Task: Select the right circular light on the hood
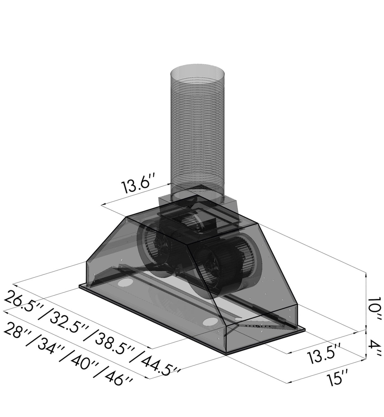pyautogui.click(x=208, y=322)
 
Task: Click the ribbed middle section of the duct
pyautogui.click(x=197, y=133)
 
